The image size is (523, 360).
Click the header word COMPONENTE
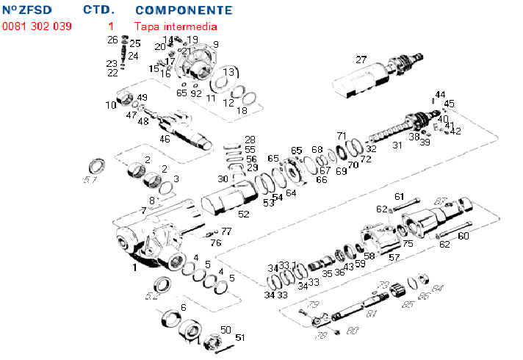[184, 11]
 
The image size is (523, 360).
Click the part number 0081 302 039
[37, 26]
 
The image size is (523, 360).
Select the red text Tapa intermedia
[176, 26]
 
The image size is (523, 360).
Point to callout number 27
[361, 60]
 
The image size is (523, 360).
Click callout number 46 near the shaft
[165, 138]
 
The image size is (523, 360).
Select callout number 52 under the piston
[243, 214]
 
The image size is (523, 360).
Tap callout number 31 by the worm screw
[397, 145]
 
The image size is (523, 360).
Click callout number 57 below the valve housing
[394, 257]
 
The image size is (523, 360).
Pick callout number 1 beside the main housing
[134, 268]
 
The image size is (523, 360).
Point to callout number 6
[183, 306]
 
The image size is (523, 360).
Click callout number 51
[239, 337]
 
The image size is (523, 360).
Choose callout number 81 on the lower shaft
[371, 314]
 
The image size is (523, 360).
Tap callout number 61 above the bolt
[400, 196]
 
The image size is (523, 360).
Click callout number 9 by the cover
[215, 44]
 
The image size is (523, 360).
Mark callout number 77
[226, 231]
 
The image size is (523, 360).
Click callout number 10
[110, 105]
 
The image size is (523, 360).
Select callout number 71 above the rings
[341, 136]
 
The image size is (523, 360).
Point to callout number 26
[112, 40]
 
